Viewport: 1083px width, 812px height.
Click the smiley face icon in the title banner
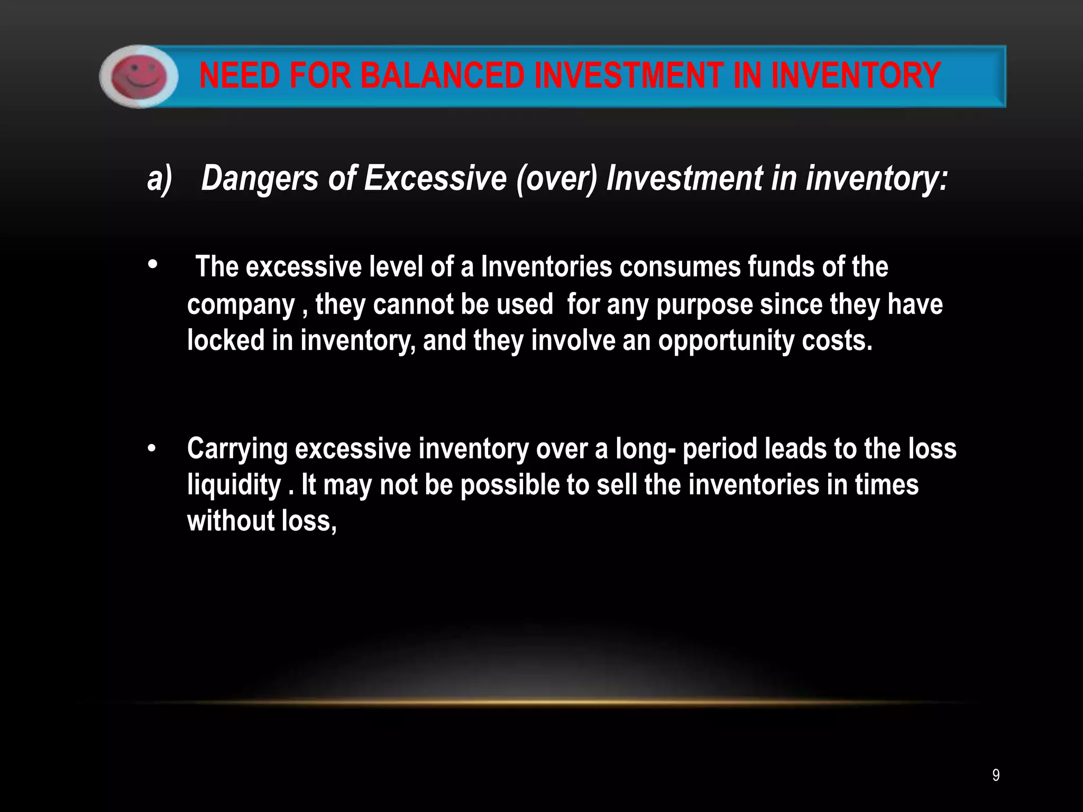139,77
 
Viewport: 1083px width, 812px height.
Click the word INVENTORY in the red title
856,76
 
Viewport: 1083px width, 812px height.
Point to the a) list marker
159,179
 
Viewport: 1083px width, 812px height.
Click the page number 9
996,776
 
